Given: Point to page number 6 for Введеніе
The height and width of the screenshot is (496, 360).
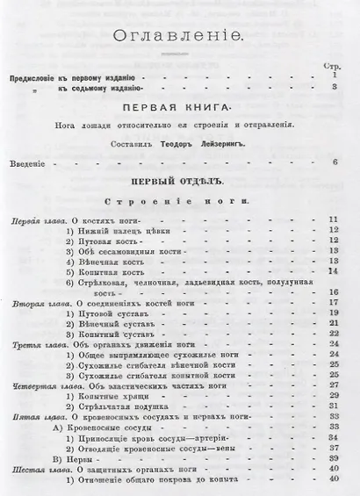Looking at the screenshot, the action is point(335,162).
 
